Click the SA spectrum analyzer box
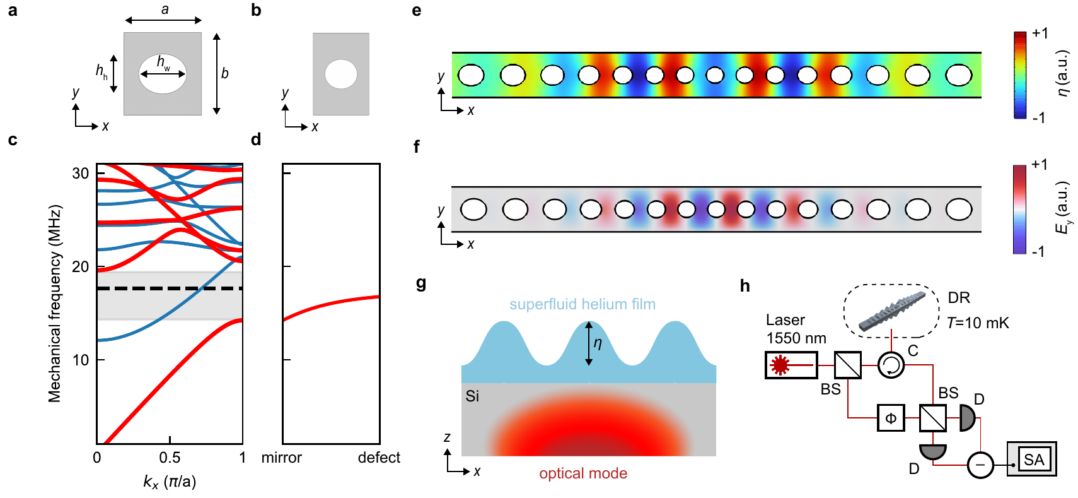[x=1032, y=459]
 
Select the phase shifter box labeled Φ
[x=891, y=418]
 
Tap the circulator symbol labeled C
[x=891, y=365]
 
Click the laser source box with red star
[x=791, y=365]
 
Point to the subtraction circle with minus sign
[x=980, y=465]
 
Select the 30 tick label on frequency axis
[x=81, y=173]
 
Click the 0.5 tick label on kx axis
[x=170, y=458]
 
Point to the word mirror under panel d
[x=281, y=458]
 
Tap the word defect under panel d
[x=379, y=458]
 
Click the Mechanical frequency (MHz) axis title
[x=55, y=303]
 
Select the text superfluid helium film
[x=582, y=304]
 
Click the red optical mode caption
[x=583, y=473]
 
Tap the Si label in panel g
[x=472, y=396]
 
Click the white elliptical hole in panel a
[x=163, y=74]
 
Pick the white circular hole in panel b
[x=341, y=74]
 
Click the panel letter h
[x=745, y=286]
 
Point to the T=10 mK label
[x=978, y=323]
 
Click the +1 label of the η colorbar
[x=1040, y=33]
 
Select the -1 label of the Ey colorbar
[x=1038, y=251]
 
